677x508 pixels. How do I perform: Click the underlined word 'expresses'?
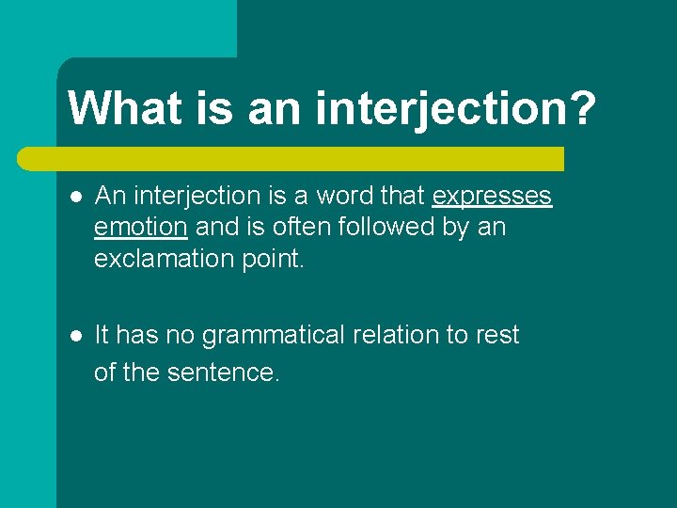coord(491,197)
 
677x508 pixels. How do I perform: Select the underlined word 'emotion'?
coord(141,227)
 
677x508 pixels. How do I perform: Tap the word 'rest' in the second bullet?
coord(497,336)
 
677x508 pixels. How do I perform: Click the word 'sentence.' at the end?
coord(223,373)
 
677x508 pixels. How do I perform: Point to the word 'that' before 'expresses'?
coord(403,197)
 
